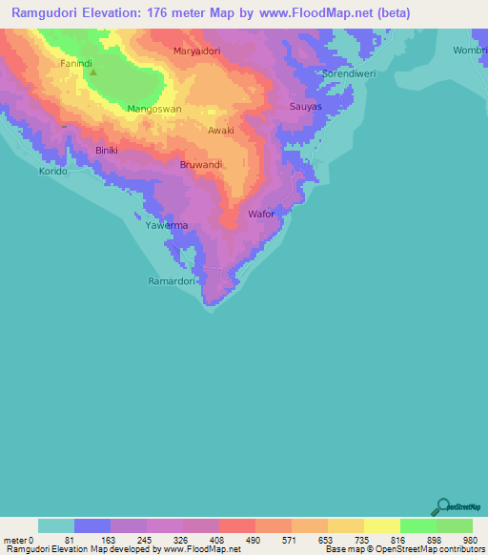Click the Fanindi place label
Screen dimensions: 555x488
coord(76,64)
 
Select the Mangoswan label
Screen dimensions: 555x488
coord(154,110)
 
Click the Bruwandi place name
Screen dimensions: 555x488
coord(201,165)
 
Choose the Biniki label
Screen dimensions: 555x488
coord(107,151)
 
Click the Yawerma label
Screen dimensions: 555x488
coord(167,225)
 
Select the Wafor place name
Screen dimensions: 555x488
coord(261,214)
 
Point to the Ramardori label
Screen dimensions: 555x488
coord(172,281)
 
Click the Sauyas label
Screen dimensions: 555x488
coord(306,106)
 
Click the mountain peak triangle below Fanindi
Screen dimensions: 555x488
coord(92,72)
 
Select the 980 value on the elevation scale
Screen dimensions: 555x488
coord(471,540)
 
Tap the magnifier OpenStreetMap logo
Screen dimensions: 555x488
coord(441,507)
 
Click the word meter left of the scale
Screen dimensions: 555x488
coord(15,540)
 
